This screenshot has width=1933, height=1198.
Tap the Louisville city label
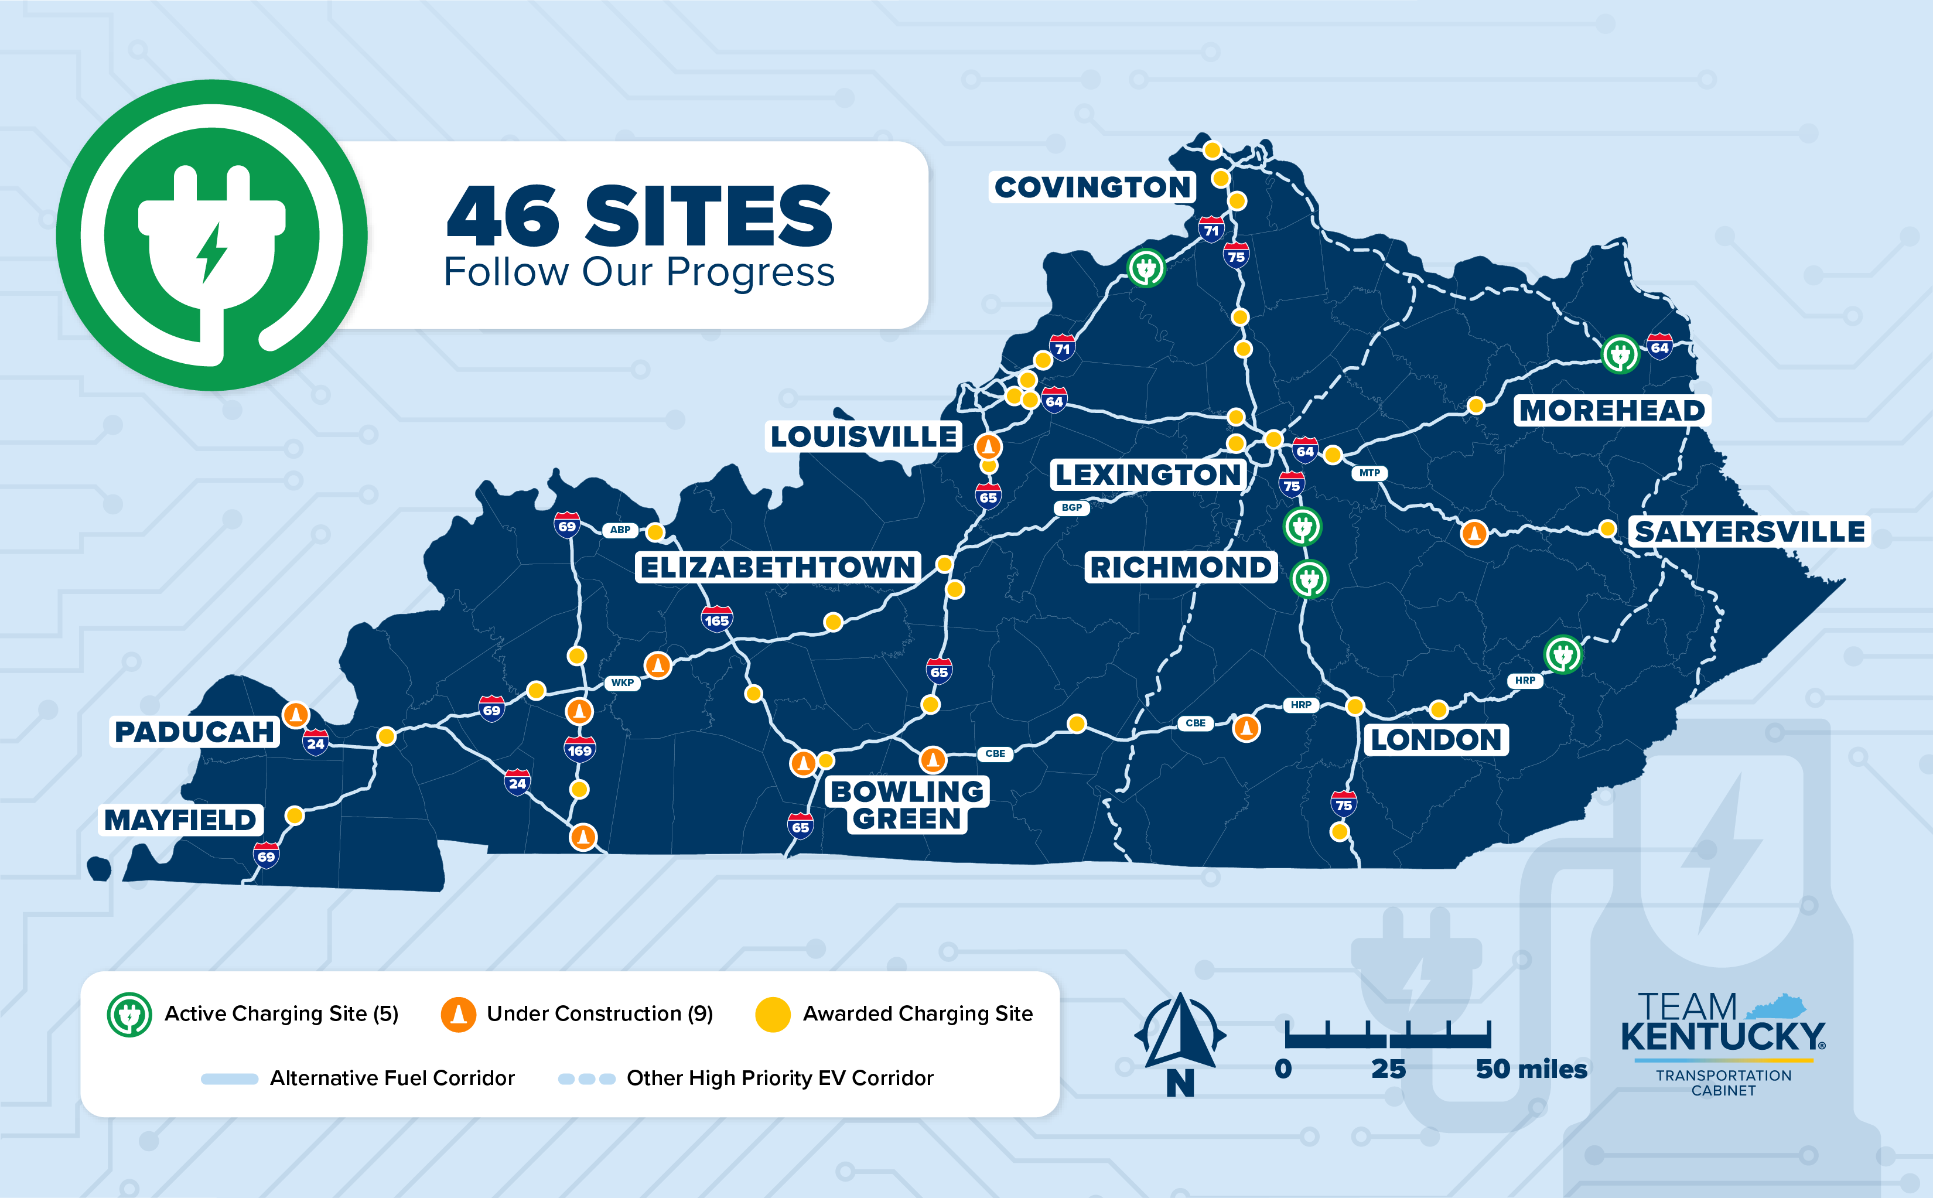click(863, 436)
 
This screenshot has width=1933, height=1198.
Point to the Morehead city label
click(1611, 411)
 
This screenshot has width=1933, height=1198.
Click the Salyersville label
click(1749, 532)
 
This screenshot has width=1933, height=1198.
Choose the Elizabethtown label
click(778, 567)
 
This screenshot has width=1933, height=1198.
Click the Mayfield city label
click(180, 820)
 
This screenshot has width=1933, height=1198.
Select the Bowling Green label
click(907, 805)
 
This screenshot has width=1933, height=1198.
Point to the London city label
click(1436, 740)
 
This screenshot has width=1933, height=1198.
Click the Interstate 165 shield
click(716, 620)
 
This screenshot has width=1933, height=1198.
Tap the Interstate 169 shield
click(579, 749)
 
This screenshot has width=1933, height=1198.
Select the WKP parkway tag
click(622, 682)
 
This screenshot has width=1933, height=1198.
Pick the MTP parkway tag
click(1369, 473)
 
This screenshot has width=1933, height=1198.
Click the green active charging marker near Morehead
click(1619, 354)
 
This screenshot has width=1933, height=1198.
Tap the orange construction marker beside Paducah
click(295, 715)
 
